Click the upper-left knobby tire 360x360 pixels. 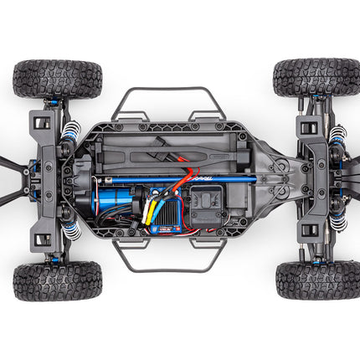(x=57, y=78)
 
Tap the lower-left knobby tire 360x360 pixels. (x=57, y=280)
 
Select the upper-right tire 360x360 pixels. (x=316, y=77)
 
